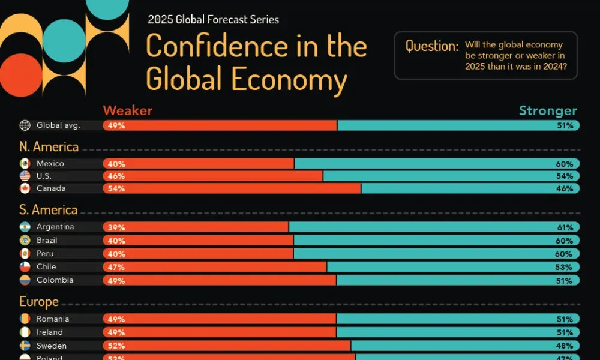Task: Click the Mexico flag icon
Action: tap(25, 164)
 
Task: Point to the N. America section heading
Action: tap(49, 147)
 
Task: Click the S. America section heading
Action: tap(49, 210)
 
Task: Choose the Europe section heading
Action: tap(39, 302)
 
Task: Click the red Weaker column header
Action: tap(127, 110)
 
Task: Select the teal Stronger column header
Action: tap(548, 110)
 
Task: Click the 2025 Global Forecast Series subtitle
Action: tap(213, 20)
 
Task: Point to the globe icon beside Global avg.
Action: tap(25, 125)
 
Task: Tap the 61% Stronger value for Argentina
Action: tap(565, 227)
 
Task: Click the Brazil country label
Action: tap(46, 240)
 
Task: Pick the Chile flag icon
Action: tap(25, 266)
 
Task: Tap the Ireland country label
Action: tap(49, 332)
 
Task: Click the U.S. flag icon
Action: tap(25, 176)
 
